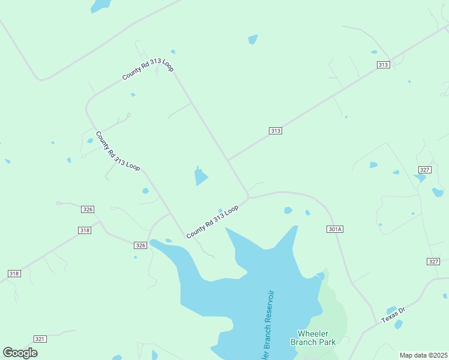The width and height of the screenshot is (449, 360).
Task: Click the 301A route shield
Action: pyautogui.click(x=335, y=229)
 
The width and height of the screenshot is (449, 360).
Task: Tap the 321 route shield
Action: pyautogui.click(x=40, y=339)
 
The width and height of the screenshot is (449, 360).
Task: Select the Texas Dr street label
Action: pyautogui.click(x=394, y=315)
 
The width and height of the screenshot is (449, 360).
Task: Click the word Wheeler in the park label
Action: pyautogui.click(x=313, y=334)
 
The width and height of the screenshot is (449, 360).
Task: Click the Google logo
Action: pyautogui.click(x=20, y=353)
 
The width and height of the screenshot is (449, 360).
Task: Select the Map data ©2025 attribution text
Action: pyautogui.click(x=424, y=355)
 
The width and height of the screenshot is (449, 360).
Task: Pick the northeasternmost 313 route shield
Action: pyautogui.click(x=384, y=65)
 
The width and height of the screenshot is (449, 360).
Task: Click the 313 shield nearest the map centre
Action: pyautogui.click(x=276, y=131)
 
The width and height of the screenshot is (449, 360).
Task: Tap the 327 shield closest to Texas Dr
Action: pyautogui.click(x=434, y=261)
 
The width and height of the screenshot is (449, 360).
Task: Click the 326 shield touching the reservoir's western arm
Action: pyautogui.click(x=140, y=245)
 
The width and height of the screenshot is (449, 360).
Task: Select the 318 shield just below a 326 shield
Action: pyautogui.click(x=85, y=230)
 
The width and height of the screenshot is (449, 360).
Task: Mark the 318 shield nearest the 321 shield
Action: pyautogui.click(x=14, y=274)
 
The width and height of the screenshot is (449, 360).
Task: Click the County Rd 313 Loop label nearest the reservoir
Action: pyautogui.click(x=212, y=221)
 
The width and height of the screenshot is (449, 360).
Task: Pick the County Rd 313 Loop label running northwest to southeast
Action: pyautogui.click(x=118, y=151)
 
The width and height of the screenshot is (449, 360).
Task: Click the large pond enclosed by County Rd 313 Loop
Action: pyautogui.click(x=200, y=177)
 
